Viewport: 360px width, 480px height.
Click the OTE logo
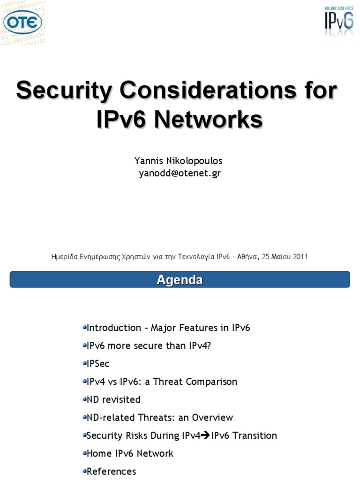(x=22, y=22)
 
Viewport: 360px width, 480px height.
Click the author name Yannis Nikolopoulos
(x=178, y=161)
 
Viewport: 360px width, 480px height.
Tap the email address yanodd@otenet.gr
(x=180, y=173)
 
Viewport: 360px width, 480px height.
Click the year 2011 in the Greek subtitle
(x=300, y=256)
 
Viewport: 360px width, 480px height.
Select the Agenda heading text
(x=180, y=280)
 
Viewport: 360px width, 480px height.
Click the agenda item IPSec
(x=98, y=364)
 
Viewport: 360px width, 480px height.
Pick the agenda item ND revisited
(x=113, y=399)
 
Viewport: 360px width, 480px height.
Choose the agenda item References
(x=111, y=471)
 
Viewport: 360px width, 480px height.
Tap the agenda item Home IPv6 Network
(x=130, y=453)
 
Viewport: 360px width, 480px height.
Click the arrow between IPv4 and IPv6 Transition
(x=206, y=435)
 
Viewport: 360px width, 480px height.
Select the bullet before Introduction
(x=84, y=327)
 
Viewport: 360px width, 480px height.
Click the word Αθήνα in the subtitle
(x=243, y=256)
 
